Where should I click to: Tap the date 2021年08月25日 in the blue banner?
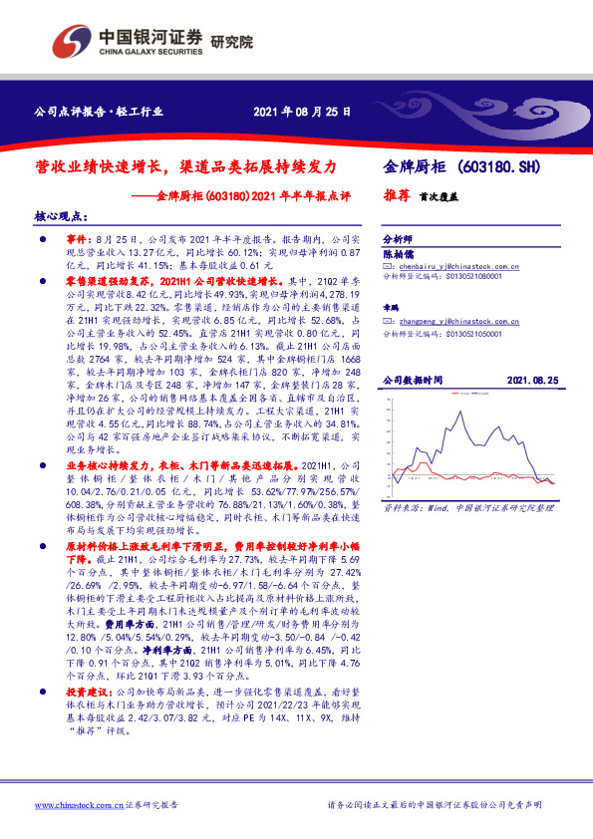pos(302,112)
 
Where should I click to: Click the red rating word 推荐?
pos(398,196)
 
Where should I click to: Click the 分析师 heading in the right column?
pos(399,241)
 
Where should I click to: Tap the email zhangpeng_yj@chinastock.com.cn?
pos(460,323)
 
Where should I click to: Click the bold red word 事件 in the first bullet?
pos(78,241)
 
